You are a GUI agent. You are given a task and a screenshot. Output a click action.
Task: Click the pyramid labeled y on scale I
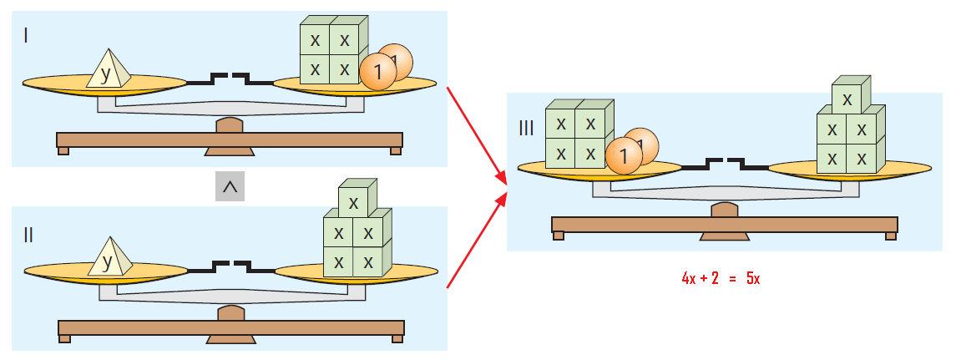109,69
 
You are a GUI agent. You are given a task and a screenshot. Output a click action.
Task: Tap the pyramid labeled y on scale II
109,257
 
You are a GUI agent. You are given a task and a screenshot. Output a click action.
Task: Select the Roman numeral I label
26,36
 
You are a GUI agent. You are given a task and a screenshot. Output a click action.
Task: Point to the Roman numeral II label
28,235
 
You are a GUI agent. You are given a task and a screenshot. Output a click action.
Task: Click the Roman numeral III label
526,129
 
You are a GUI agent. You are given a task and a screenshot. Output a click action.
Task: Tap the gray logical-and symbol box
230,187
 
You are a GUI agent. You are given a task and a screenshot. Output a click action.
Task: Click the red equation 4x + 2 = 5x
721,278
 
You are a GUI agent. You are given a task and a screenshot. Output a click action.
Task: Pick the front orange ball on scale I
377,72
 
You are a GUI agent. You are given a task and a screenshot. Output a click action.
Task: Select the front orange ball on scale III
624,155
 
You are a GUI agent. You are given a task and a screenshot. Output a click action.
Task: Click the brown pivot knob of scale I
230,124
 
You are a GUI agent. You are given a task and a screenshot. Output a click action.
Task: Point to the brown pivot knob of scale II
231,312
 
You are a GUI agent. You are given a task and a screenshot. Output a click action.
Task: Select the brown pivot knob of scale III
725,210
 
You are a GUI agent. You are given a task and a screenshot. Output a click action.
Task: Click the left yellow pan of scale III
600,169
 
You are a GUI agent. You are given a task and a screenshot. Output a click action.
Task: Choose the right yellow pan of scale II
357,273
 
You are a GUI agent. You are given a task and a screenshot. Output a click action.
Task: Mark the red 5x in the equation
753,278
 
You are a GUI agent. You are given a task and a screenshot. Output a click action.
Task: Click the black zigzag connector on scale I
230,79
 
